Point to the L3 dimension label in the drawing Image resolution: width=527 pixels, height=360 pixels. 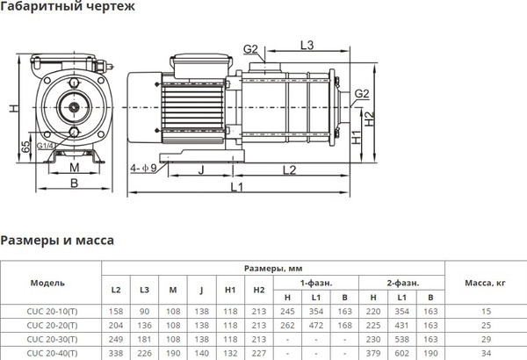pyautogui.click(x=307, y=44)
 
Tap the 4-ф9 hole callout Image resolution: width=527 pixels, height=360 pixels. pyautogui.click(x=143, y=167)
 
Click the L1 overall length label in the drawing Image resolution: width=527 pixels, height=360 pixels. pyautogui.click(x=237, y=188)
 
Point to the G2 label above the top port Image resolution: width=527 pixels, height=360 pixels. pyautogui.click(x=250, y=48)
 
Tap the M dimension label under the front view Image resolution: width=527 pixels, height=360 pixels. pyautogui.click(x=74, y=167)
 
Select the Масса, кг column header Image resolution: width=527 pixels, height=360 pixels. pyautogui.click(x=484, y=284)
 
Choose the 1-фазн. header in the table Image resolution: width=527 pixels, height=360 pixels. pyautogui.click(x=318, y=284)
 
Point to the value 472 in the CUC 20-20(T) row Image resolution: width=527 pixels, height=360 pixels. pyautogui.click(x=316, y=326)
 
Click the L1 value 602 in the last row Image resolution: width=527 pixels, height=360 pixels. pyautogui.click(x=401, y=354)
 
